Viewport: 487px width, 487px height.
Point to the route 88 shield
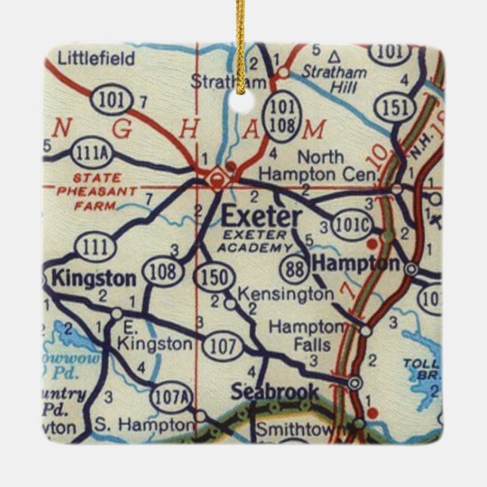tap(293, 267)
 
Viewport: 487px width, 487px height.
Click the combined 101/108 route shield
tap(283, 116)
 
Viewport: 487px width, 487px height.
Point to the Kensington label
tap(285, 293)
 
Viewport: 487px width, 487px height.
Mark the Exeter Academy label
tap(255, 240)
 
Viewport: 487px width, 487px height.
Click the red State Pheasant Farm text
tap(96, 192)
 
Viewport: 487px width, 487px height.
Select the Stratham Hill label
tap(333, 81)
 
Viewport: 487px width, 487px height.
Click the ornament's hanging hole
tap(243, 101)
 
